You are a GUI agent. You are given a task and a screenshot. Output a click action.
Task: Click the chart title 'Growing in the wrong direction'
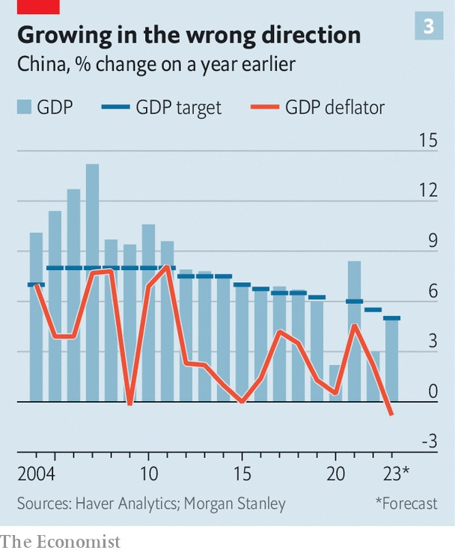pos(189,34)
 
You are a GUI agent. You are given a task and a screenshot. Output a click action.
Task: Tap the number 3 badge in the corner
pos(429,27)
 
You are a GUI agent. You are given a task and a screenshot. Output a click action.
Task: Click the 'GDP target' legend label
pos(179,108)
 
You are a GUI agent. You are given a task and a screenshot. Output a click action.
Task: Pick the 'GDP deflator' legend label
pos(335,108)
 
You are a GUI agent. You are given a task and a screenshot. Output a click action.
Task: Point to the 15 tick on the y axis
pos(428,140)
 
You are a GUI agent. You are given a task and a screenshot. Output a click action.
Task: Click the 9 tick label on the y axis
pos(432,241)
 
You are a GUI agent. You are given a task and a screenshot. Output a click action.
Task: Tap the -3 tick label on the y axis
pos(429,442)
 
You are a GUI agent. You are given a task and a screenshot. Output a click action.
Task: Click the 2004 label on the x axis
pos(35,474)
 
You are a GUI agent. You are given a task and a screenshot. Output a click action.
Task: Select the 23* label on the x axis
pos(395,474)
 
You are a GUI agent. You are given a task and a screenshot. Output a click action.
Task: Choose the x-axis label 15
pos(242,474)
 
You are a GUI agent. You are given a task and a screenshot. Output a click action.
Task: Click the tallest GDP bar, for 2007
pos(92,284)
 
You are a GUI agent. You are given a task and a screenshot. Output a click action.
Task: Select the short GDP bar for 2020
pos(335,383)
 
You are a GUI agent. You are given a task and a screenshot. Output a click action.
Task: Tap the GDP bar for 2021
pos(354,331)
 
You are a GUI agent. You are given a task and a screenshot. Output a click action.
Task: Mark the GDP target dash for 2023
pos(391,318)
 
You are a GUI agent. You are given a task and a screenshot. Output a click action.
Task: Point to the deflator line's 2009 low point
pos(129,404)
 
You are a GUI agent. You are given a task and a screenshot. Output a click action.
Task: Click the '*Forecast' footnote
pos(406,504)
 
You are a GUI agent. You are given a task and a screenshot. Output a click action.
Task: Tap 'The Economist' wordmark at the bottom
pos(60,541)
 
